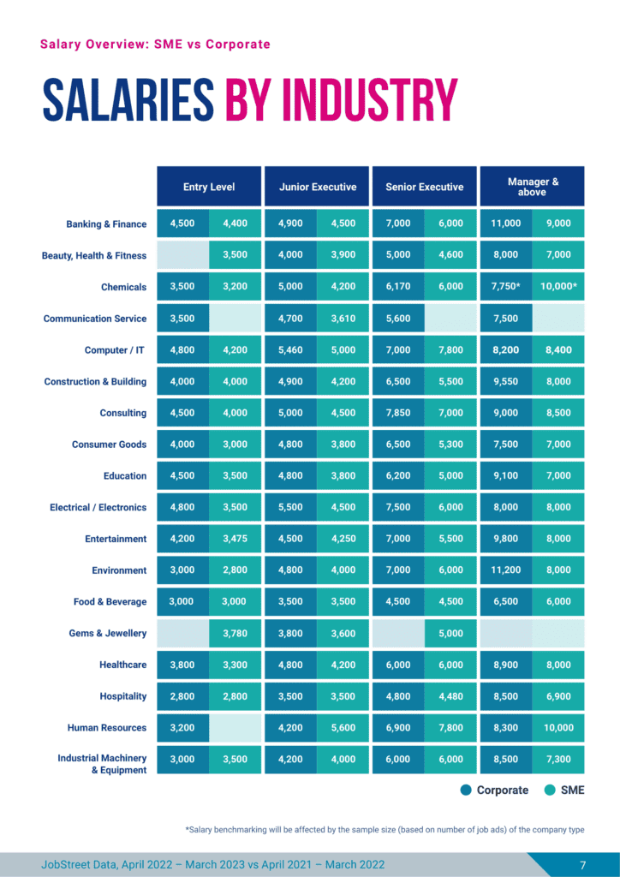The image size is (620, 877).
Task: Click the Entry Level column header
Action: (209, 187)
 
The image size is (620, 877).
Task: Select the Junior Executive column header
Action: (317, 187)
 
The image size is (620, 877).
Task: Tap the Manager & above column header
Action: (533, 187)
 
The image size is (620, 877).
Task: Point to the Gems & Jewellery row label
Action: (108, 634)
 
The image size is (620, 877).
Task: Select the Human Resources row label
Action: (107, 728)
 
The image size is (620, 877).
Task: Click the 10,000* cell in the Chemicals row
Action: (558, 287)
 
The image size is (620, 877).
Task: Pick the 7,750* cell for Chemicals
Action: (505, 287)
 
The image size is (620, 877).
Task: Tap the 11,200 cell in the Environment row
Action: (505, 570)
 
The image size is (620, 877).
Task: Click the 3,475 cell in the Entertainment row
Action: (235, 539)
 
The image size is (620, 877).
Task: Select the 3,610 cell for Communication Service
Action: (343, 319)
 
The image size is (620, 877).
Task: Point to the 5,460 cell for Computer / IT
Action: (290, 350)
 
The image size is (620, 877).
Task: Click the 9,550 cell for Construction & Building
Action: (505, 382)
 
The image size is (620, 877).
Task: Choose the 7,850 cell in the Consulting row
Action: (398, 413)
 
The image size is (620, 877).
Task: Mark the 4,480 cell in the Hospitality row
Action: (450, 696)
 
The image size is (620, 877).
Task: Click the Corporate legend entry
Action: (494, 790)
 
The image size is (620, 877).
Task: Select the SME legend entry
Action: (564, 790)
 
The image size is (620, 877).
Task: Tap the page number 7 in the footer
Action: (582, 864)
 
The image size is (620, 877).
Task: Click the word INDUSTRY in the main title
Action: (342, 101)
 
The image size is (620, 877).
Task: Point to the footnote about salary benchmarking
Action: (390, 830)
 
